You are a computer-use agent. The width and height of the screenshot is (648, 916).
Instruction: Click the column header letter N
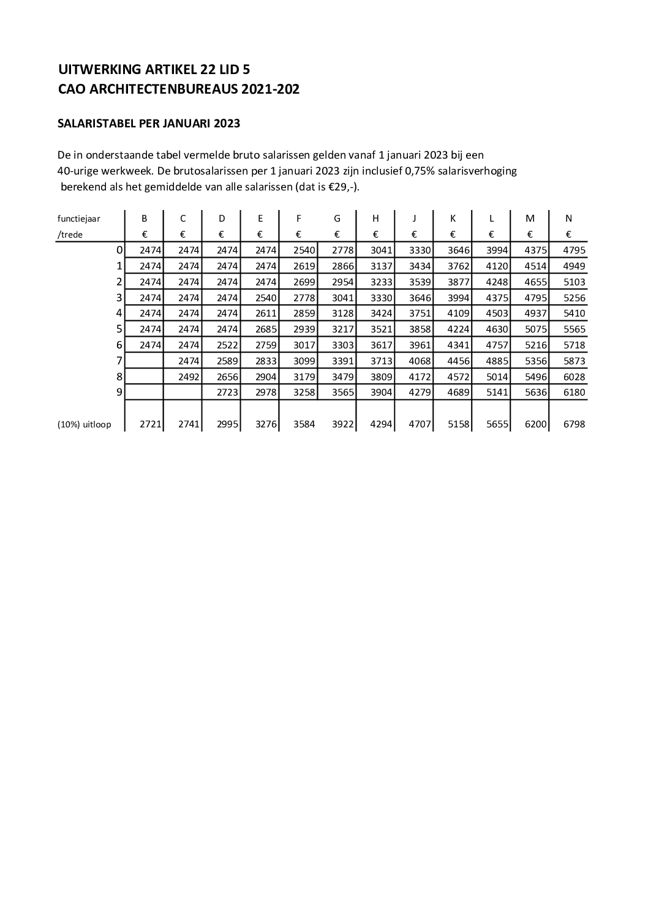[x=569, y=219]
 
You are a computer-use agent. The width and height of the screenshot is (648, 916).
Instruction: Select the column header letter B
[x=145, y=219]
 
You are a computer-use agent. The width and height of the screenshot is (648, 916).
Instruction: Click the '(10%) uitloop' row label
[x=85, y=424]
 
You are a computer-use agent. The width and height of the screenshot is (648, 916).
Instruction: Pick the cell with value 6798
[x=574, y=424]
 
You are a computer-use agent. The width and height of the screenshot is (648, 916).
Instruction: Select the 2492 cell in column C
[x=189, y=377]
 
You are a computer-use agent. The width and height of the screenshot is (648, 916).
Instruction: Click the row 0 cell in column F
[x=304, y=250]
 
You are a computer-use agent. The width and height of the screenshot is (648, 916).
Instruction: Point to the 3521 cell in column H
[x=381, y=329]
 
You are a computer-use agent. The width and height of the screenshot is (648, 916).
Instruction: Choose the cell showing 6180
[x=574, y=392]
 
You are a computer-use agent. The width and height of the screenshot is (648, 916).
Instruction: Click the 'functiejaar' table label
[x=79, y=219]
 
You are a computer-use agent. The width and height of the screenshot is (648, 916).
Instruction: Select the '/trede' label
[x=70, y=234]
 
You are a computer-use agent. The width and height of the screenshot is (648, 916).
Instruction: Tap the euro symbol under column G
[x=337, y=234]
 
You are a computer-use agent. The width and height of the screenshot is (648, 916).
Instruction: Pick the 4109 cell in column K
[x=458, y=313]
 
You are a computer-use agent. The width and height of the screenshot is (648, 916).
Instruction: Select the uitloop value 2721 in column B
[x=150, y=424]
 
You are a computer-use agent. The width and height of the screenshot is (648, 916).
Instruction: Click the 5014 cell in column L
[x=497, y=377]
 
